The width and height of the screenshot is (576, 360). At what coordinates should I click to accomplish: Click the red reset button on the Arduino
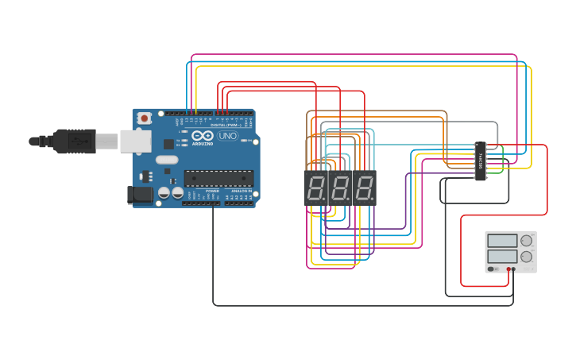click(145, 118)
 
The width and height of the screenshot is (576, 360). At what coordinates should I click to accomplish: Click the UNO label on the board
click(227, 136)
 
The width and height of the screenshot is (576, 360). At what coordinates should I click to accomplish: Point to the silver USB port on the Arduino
click(135, 141)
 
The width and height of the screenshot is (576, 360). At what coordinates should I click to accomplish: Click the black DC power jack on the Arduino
click(141, 194)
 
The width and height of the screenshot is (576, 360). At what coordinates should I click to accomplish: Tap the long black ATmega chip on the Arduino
click(218, 178)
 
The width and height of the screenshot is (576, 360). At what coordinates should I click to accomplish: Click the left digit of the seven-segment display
click(316, 188)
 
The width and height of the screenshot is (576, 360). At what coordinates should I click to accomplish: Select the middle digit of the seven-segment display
click(340, 188)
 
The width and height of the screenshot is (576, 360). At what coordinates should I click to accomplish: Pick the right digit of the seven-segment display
click(364, 188)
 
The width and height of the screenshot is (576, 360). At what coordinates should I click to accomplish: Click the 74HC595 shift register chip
click(480, 161)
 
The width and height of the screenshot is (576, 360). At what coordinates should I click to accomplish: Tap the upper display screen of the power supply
click(502, 241)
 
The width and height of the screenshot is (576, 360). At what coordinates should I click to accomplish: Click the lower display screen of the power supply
click(502, 257)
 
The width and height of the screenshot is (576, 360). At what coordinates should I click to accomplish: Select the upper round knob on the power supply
click(526, 241)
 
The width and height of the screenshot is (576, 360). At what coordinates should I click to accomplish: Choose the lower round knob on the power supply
click(526, 257)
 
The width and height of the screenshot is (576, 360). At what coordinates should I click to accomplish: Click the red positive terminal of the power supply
click(508, 269)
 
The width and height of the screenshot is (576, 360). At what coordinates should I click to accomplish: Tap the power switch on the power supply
click(493, 269)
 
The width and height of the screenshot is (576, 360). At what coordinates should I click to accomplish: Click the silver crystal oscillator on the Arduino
click(167, 160)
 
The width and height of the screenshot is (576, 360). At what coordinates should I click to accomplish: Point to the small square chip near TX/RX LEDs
click(168, 144)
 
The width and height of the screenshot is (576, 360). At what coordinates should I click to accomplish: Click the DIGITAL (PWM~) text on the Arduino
click(226, 125)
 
